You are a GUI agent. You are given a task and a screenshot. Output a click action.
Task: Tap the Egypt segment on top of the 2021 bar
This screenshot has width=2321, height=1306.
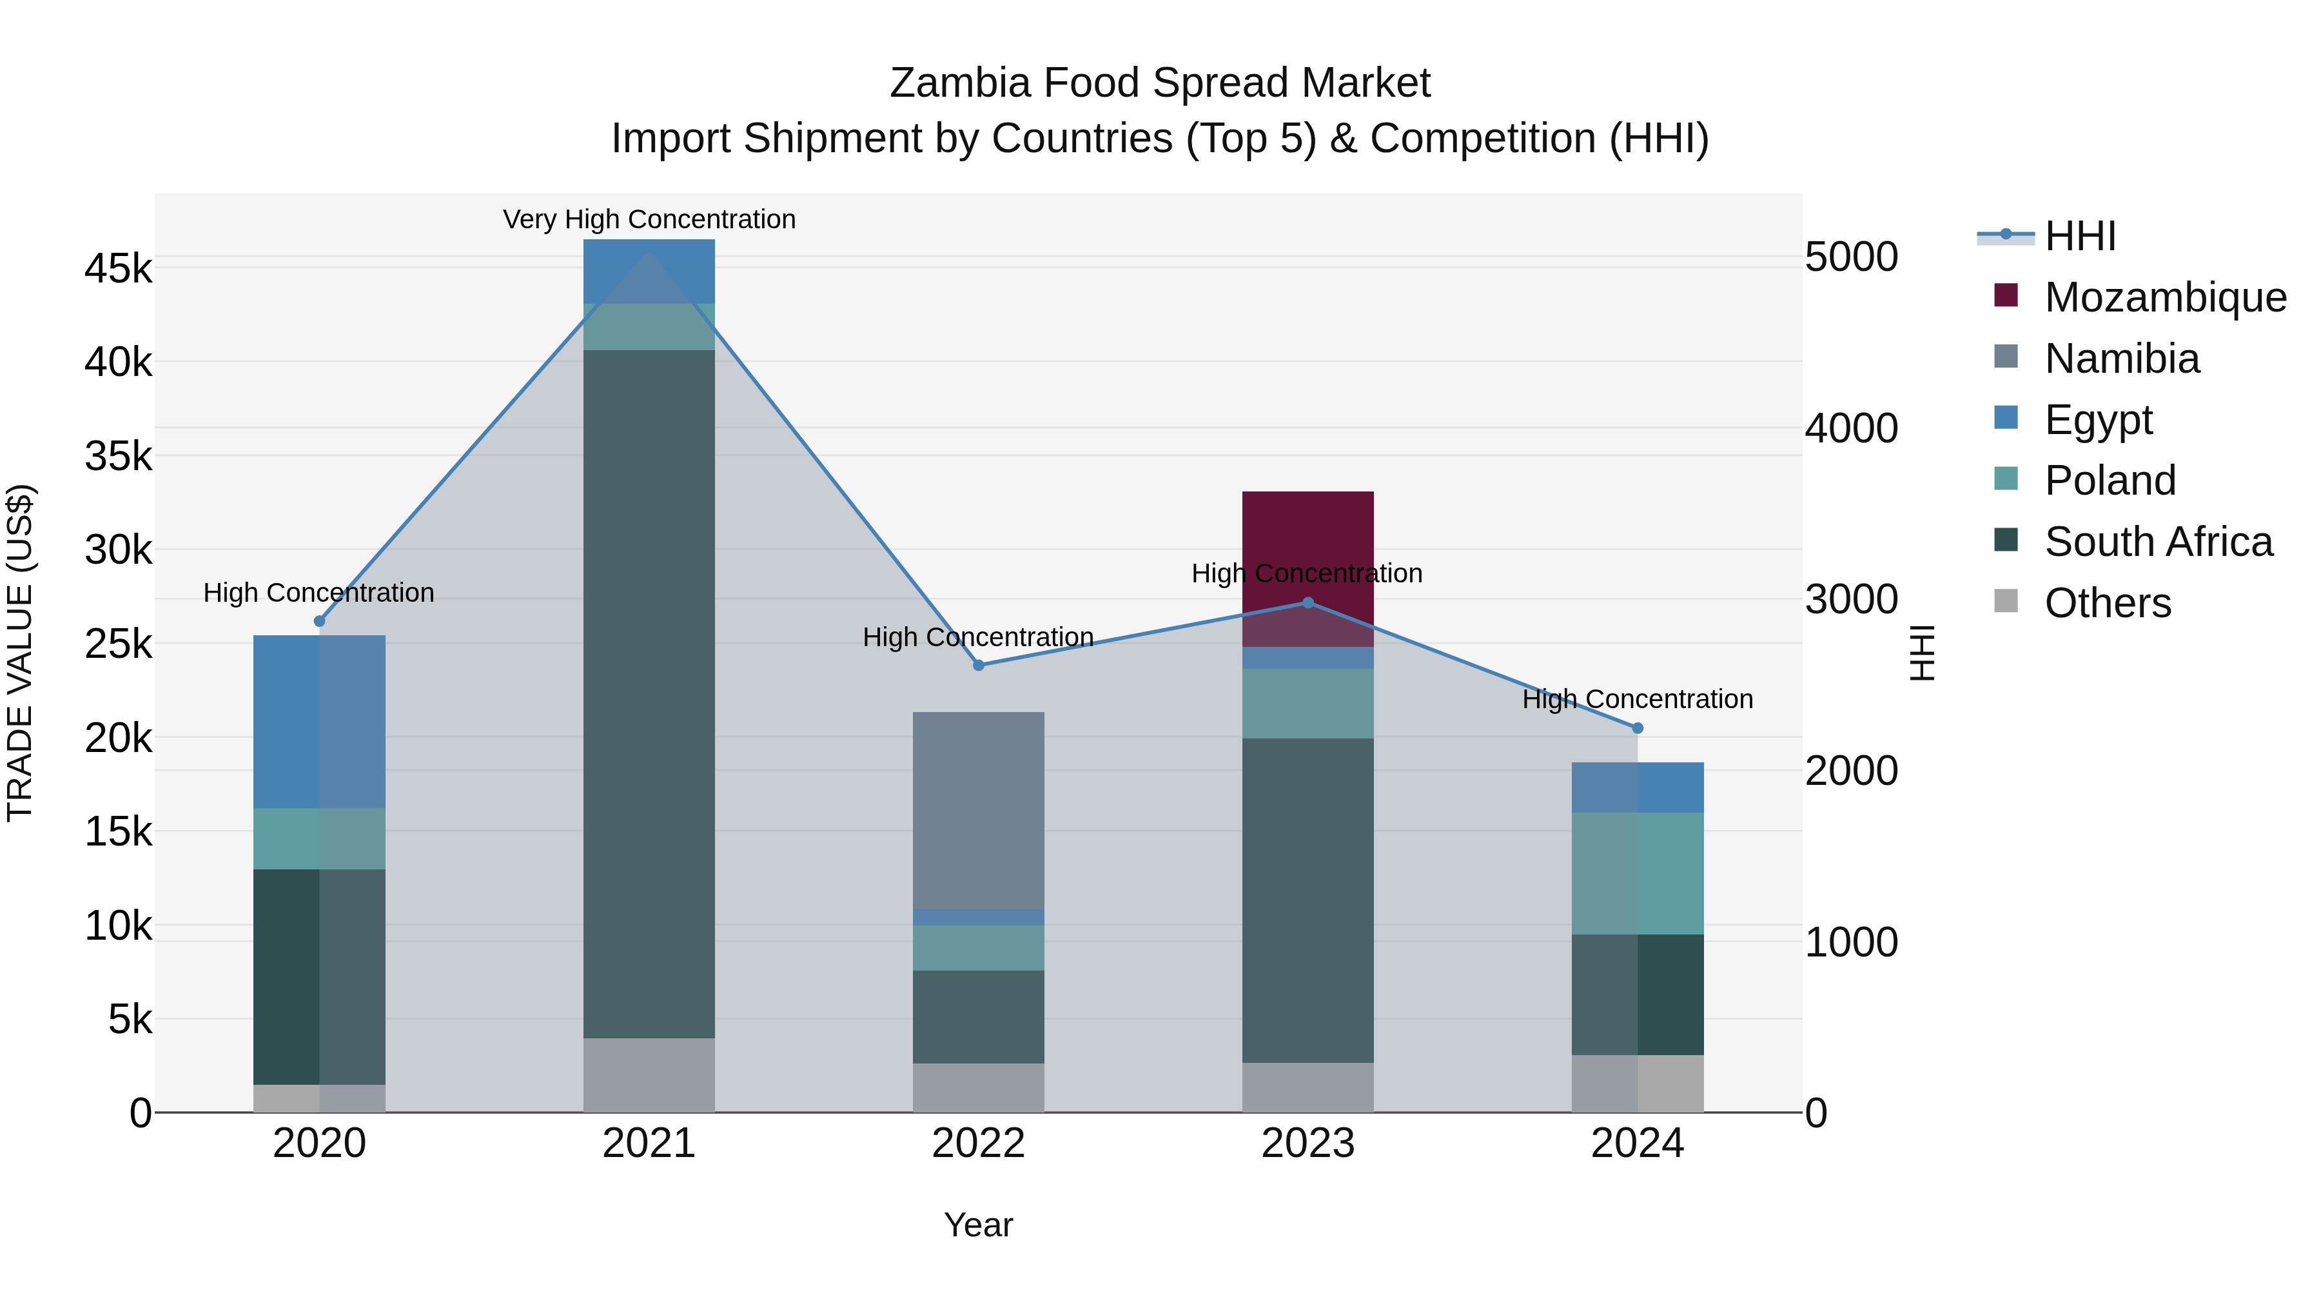click(649, 270)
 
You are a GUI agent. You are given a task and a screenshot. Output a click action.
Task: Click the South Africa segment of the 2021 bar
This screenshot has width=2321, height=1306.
click(649, 693)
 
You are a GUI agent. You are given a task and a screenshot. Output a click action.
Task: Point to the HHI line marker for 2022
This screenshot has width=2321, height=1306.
click(979, 665)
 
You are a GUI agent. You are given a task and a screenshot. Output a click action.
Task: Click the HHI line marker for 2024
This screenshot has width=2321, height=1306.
click(1637, 727)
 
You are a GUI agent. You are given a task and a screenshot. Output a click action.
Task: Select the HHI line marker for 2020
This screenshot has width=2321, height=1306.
click(319, 621)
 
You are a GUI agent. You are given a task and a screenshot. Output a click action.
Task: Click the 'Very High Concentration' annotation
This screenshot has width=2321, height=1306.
click(649, 219)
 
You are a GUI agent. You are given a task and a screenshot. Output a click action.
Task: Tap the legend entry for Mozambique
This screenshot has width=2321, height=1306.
click(2164, 297)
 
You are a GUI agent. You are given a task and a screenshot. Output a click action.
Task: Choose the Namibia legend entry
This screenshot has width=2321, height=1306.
click(2121, 359)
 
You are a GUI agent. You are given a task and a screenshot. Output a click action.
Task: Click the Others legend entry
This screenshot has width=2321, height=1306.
click(2106, 603)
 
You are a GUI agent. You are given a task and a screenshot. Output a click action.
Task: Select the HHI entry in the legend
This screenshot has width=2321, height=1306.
click(2079, 236)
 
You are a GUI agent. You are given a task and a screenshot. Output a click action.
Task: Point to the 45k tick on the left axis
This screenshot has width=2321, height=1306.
click(118, 268)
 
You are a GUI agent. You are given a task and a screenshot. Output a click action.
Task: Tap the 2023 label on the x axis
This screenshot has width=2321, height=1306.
click(1307, 1143)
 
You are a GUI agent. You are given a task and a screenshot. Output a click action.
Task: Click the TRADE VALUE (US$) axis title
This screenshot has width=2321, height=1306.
click(20, 653)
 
